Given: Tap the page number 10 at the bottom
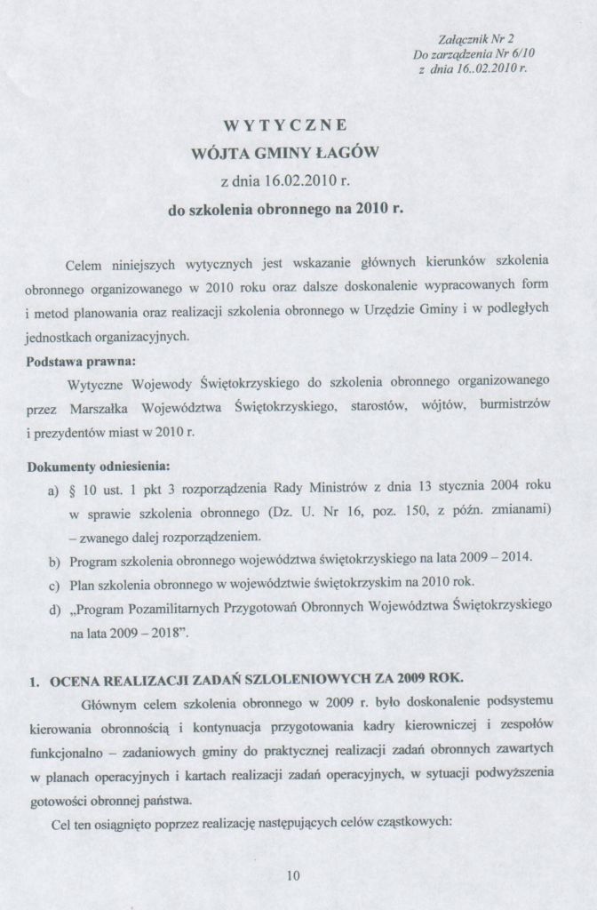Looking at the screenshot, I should (293, 875).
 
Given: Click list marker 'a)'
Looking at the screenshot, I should (52, 492).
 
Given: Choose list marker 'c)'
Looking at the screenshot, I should (52, 582).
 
